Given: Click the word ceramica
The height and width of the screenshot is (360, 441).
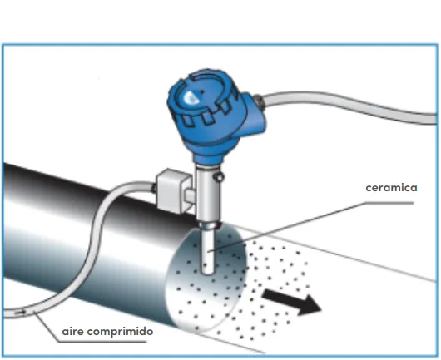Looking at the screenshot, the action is coord(391,188).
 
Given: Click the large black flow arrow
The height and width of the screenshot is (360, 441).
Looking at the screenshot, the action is coord(291,302).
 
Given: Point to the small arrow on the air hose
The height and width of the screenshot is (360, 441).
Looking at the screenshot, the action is coord(20,313).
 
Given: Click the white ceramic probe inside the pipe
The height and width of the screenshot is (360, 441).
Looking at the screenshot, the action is coord(208,251).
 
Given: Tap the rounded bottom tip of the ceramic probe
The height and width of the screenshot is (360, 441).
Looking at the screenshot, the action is coord(208,273).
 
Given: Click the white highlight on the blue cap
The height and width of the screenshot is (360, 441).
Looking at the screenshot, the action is coord(190,97).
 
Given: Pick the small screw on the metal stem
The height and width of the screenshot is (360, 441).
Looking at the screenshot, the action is coord(219,177).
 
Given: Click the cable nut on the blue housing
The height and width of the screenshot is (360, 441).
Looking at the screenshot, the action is coord(258,101).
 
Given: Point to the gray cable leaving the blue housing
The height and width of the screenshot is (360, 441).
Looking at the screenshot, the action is coord(349,106).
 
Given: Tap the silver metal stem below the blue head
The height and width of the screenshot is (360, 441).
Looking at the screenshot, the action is coord(207,194).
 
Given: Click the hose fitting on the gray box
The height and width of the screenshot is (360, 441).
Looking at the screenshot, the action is coord(154,188).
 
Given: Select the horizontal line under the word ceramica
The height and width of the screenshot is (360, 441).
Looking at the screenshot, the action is coord(389,203).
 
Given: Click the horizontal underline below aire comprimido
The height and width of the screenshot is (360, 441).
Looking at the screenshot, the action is coord(102,342).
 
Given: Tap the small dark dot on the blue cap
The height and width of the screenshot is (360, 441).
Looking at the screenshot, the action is coord(201,92).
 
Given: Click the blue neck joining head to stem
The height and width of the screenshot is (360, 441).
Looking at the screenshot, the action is coord(207,159).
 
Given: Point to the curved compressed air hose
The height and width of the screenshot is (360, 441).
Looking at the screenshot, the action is coord(92,247).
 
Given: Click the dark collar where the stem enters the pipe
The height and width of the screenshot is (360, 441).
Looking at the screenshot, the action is coord(209,225).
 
